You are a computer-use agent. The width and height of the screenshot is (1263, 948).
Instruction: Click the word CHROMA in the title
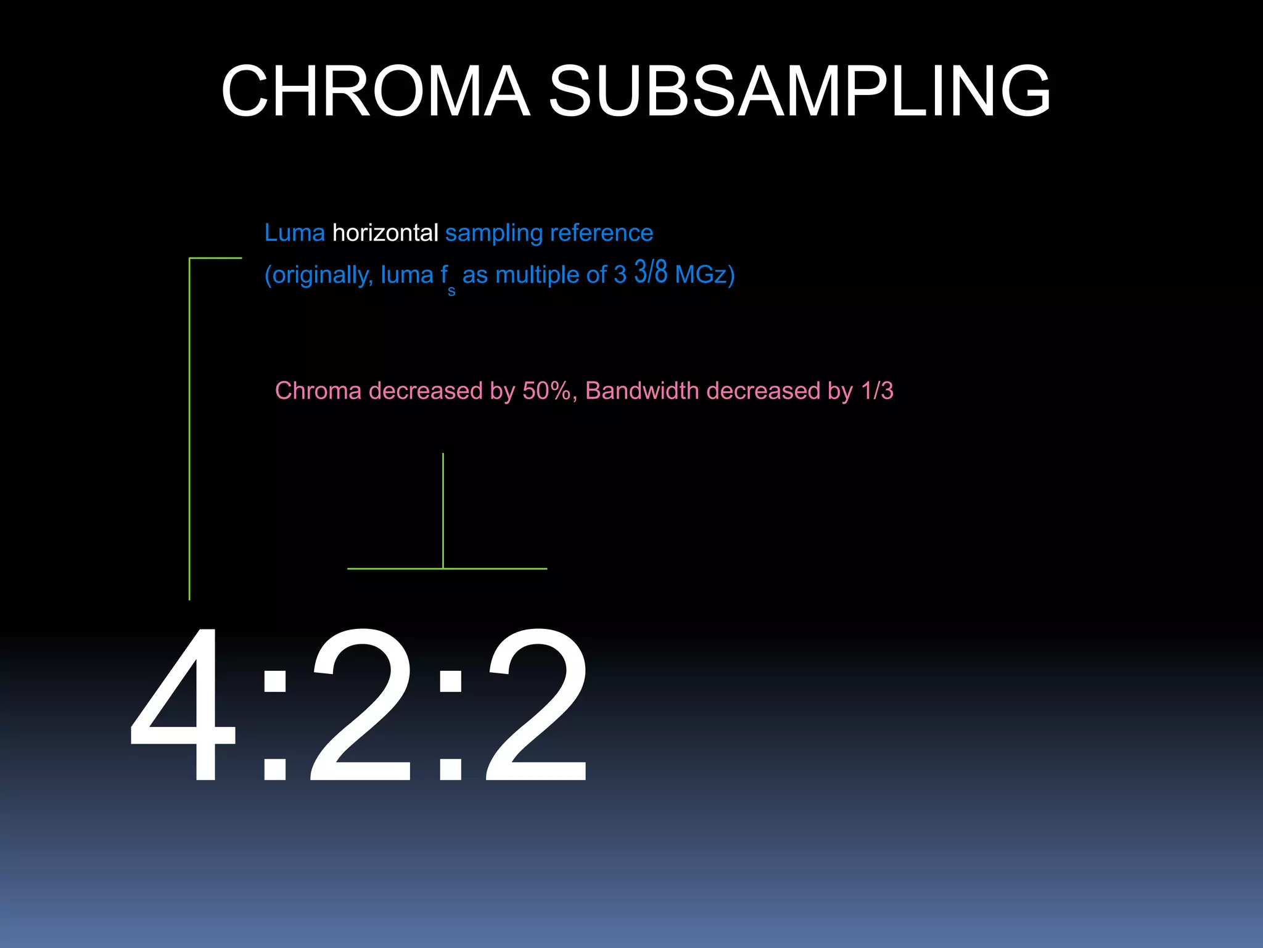pyautogui.click(x=376, y=91)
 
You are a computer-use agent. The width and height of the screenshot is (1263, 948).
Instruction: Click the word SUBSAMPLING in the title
pyautogui.click(x=799, y=91)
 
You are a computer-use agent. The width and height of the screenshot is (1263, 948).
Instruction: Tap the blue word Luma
pyautogui.click(x=294, y=233)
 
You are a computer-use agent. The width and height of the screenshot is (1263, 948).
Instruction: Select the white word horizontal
pyautogui.click(x=385, y=233)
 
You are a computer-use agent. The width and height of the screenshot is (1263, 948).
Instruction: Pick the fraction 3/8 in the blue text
pyautogui.click(x=651, y=272)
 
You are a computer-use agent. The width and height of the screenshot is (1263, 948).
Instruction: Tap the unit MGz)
pyautogui.click(x=705, y=275)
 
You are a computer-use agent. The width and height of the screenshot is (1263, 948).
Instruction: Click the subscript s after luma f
pyautogui.click(x=451, y=291)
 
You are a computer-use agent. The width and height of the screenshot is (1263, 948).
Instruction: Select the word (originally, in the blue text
pyautogui.click(x=318, y=275)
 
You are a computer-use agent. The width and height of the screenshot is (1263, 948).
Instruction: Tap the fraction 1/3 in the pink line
pyautogui.click(x=877, y=391)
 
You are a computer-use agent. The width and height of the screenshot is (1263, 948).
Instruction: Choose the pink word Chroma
pyautogui.click(x=318, y=391)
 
